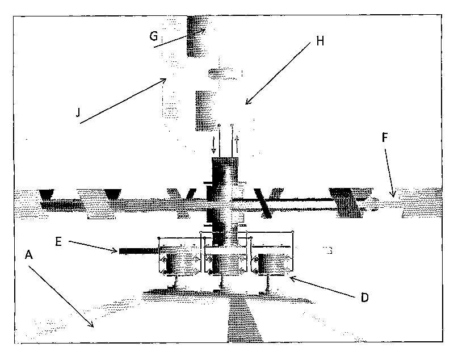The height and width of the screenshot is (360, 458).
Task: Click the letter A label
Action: pyautogui.click(x=28, y=255)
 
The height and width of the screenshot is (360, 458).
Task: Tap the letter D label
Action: pyautogui.click(x=364, y=298)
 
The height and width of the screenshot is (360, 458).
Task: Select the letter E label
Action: pyautogui.click(x=58, y=242)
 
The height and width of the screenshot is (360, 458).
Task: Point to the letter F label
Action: pyautogui.click(x=385, y=137)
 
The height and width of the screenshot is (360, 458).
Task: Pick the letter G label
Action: pyautogui.click(x=154, y=36)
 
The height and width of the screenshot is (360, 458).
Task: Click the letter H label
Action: pyautogui.click(x=320, y=41)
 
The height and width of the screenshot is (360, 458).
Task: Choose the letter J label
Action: pyautogui.click(x=78, y=112)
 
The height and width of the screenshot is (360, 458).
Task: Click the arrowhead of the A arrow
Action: pyautogui.click(x=91, y=325)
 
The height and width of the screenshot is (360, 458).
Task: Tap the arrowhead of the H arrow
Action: pyautogui.click(x=247, y=101)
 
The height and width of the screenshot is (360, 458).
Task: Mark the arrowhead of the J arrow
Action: pyautogui.click(x=163, y=80)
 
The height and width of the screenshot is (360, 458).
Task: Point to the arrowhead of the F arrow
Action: pyautogui.click(x=393, y=194)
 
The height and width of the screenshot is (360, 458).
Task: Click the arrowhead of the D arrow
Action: pyautogui.click(x=293, y=278)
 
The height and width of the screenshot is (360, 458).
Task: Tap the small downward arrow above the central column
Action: pyautogui.click(x=213, y=145)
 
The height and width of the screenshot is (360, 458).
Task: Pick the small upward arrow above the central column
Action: pyautogui.click(x=237, y=144)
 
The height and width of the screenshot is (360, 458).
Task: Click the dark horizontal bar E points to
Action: pyautogui.click(x=138, y=251)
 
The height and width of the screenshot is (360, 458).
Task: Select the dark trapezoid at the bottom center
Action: pyautogui.click(x=245, y=321)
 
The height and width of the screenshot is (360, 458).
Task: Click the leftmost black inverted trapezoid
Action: pyautogui.click(x=47, y=194)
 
